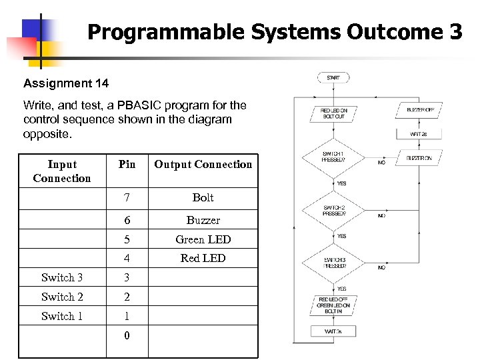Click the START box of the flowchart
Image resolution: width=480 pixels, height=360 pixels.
click(x=333, y=78)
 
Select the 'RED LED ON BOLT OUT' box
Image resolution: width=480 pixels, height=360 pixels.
click(x=333, y=113)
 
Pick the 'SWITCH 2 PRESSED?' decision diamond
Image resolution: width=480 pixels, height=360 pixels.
click(x=333, y=211)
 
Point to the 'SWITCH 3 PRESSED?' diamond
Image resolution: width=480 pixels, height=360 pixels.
click(x=333, y=262)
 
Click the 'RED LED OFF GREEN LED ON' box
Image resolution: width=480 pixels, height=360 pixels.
click(x=333, y=305)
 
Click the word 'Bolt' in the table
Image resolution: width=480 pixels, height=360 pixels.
click(x=203, y=197)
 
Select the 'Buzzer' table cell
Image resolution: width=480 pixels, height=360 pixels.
click(x=203, y=220)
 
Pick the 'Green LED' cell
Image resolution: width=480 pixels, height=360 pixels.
click(x=203, y=239)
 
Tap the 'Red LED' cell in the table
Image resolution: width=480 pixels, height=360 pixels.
click(x=203, y=258)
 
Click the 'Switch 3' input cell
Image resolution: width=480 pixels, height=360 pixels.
click(x=62, y=277)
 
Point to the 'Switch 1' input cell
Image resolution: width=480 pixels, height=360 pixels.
click(x=62, y=316)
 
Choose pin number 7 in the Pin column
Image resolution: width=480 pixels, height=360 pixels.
click(x=127, y=197)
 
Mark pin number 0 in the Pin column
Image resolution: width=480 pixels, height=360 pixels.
click(x=127, y=335)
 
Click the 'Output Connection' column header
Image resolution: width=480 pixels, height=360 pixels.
click(x=203, y=164)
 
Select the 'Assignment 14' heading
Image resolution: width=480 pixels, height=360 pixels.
click(x=66, y=83)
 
